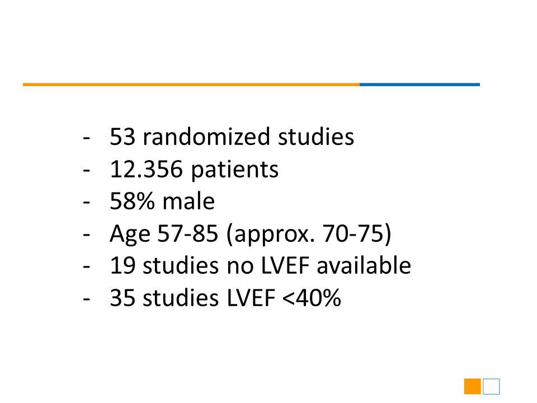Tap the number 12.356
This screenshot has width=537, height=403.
point(146,168)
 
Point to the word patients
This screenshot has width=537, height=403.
point(234,170)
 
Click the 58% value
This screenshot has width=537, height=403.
point(132,201)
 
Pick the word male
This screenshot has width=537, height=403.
point(189,200)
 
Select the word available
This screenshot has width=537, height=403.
point(364,265)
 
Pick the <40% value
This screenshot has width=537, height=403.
point(312,297)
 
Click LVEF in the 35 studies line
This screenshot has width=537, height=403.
point(251,297)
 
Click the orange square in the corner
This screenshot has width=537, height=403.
point(472,387)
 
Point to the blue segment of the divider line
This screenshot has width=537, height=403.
point(420,85)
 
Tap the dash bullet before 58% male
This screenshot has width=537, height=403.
point(86,203)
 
